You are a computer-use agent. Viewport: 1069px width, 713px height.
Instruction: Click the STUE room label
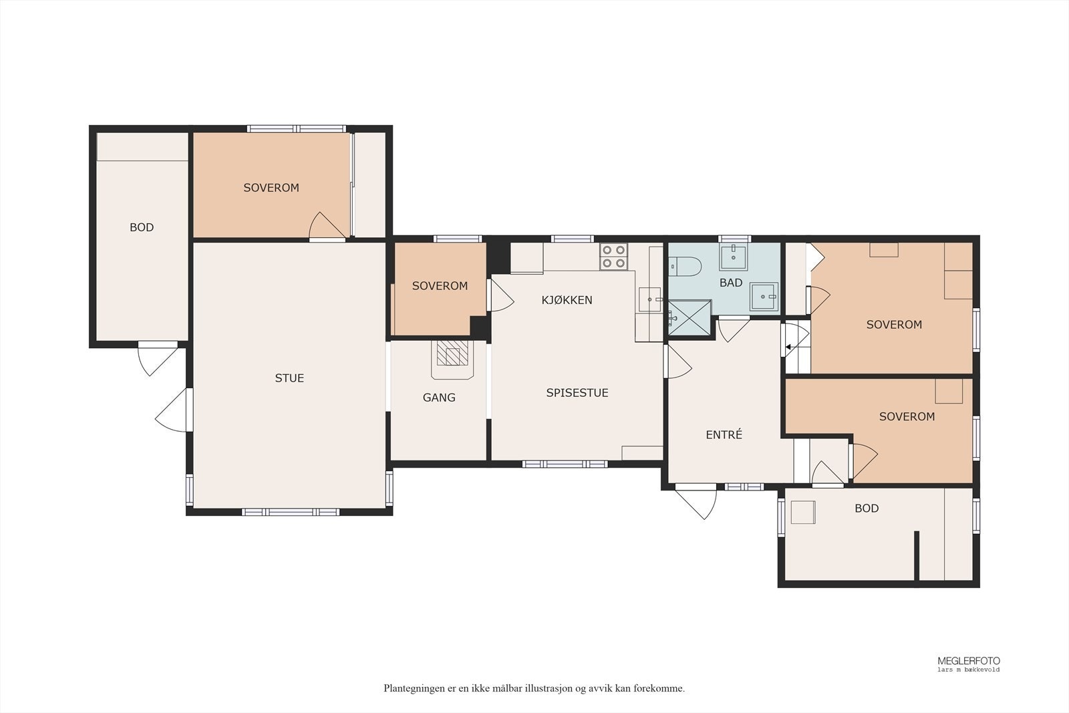(289, 378)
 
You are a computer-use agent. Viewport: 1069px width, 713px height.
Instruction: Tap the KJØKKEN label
(567, 300)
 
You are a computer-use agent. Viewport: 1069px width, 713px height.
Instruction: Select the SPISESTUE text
(577, 393)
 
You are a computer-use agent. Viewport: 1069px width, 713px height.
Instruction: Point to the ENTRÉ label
(724, 434)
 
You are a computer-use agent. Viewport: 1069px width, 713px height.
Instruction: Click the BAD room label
(731, 283)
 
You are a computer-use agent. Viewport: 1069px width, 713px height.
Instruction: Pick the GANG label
(439, 398)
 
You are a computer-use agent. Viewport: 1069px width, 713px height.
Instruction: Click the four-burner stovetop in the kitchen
(614, 257)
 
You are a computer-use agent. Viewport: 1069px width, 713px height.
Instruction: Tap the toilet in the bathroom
(684, 267)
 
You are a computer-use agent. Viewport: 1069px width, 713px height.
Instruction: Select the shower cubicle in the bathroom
(689, 317)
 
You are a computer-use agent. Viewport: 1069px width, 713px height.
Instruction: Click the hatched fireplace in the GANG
(452, 353)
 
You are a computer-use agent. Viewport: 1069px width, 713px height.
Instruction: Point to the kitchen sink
(649, 300)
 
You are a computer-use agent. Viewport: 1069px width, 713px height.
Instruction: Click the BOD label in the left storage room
(142, 227)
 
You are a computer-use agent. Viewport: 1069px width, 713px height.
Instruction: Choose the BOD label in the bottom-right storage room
(867, 509)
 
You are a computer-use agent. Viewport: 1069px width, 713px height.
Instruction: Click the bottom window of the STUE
(291, 512)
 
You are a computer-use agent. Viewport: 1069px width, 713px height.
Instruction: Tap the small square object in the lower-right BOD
(802, 512)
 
